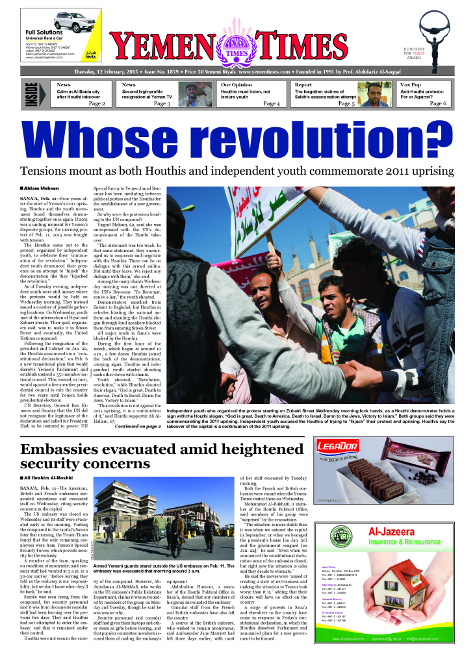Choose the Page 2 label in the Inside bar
pyautogui.click(x=97, y=103)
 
